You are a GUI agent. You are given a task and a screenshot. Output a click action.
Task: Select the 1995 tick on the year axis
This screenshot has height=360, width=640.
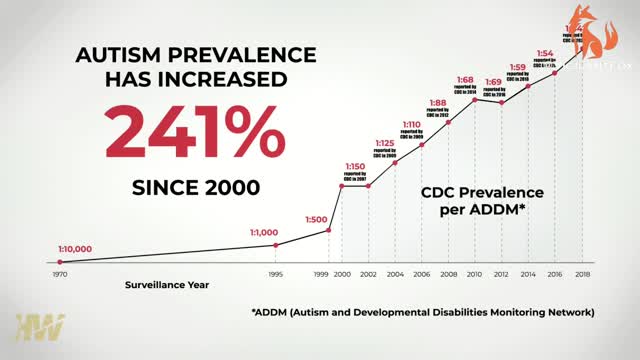tap(275, 272)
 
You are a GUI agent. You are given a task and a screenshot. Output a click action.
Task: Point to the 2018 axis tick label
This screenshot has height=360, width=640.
tap(583, 272)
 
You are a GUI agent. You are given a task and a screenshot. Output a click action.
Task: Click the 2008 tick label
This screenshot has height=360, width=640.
tap(449, 272)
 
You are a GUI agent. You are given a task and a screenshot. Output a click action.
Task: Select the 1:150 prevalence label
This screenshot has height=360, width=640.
tap(355, 166)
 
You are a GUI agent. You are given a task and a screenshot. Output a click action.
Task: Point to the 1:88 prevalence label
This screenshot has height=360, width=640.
tap(438, 102)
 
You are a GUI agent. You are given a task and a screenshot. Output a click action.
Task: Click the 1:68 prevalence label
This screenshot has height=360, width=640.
tap(492, 79)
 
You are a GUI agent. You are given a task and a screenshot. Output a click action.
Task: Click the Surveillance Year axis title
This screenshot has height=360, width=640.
tap(167, 285)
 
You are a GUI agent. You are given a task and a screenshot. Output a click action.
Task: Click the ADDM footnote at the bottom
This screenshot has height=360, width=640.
tap(423, 312)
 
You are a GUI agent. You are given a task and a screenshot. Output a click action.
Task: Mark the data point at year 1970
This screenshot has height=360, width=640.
tap(60, 262)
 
